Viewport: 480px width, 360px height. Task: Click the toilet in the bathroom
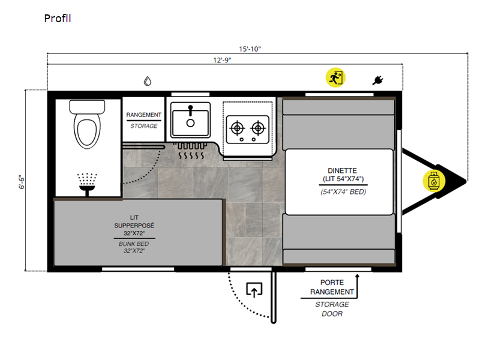(x=87, y=124)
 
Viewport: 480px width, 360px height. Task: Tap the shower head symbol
(x=87, y=184)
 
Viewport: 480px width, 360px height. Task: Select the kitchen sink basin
(x=190, y=120)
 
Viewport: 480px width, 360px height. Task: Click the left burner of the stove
(x=237, y=128)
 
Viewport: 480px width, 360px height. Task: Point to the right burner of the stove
(x=258, y=128)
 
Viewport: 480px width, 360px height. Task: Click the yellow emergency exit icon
(x=335, y=77)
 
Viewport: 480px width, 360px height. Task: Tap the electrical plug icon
(x=378, y=80)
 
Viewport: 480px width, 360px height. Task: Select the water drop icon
(x=148, y=81)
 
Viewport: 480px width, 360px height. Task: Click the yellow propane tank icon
(x=433, y=181)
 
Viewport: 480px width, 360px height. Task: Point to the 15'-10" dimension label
(x=250, y=49)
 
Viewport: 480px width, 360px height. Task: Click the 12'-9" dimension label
(x=222, y=60)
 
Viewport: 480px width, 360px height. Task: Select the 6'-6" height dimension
(x=22, y=182)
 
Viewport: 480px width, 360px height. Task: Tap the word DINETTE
(x=342, y=170)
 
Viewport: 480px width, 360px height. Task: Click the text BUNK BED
(x=134, y=244)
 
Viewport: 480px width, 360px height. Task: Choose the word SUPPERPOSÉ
(x=134, y=226)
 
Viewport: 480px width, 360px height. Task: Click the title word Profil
(x=58, y=19)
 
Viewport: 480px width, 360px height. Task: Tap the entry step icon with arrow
(x=254, y=290)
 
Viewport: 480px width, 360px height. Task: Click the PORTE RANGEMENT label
(x=332, y=287)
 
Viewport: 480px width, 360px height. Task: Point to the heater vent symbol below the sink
(x=190, y=151)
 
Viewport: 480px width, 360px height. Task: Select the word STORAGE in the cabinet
(x=143, y=126)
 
